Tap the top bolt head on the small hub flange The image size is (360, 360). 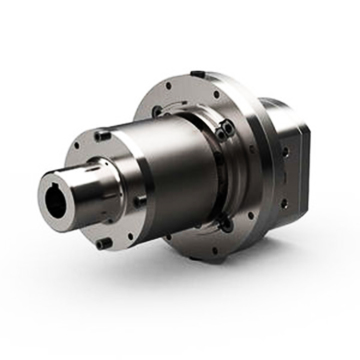point(103,133)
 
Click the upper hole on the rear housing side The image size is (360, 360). point(288,151)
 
